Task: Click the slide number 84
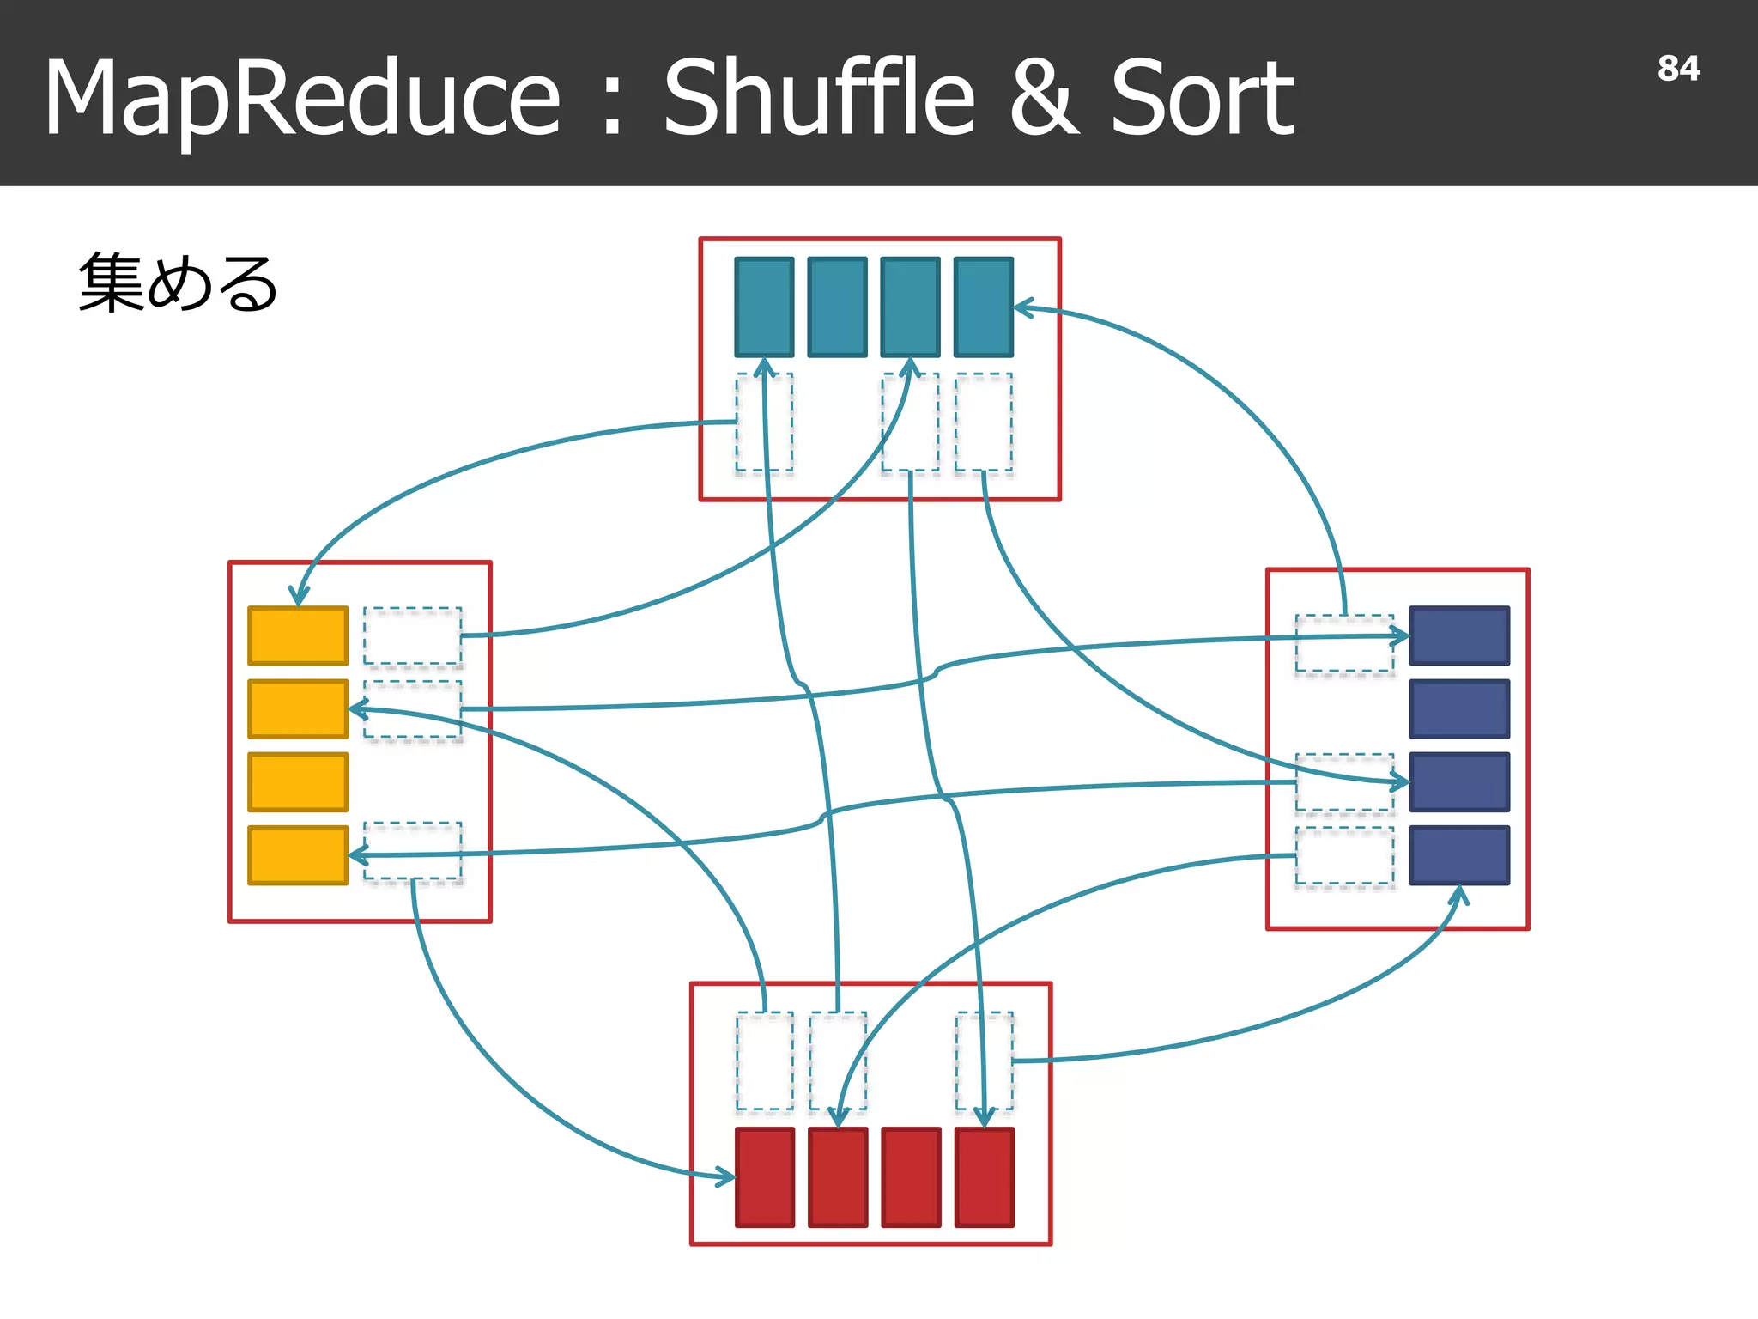click(1678, 69)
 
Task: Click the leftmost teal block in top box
click(764, 307)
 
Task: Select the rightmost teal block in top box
click(984, 307)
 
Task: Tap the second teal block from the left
click(837, 307)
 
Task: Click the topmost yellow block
click(298, 635)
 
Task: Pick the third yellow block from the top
click(298, 781)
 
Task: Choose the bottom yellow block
click(298, 855)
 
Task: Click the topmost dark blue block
click(1459, 635)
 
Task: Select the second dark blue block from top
click(1459, 708)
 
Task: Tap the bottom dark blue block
click(1459, 855)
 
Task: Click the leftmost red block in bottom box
click(764, 1177)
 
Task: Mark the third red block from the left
click(911, 1177)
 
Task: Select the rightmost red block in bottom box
click(985, 1177)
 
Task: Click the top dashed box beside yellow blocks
click(412, 635)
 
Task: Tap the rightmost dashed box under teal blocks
click(984, 422)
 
